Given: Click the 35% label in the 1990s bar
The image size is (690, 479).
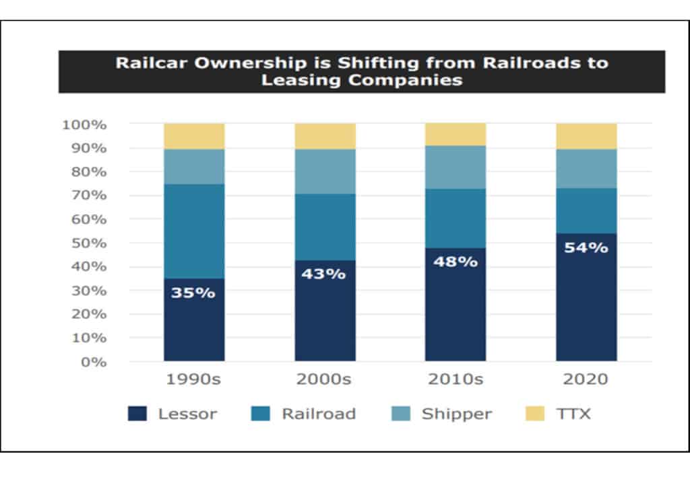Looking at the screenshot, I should [193, 293].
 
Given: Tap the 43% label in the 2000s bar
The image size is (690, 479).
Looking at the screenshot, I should [324, 274].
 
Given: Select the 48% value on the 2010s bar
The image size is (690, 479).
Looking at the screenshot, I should [456, 262].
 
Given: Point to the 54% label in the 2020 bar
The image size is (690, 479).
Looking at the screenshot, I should [586, 248].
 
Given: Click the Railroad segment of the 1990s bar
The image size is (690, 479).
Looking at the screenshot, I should [194, 231].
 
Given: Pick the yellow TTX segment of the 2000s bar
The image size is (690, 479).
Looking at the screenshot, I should [325, 136].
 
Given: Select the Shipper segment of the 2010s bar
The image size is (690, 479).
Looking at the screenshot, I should [456, 167].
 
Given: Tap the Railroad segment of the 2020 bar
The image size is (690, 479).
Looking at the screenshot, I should [586, 211].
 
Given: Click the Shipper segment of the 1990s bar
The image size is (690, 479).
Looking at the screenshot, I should [194, 166].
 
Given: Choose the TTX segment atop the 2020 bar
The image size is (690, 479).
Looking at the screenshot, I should [586, 136].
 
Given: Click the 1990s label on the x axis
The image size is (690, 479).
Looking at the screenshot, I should [193, 379].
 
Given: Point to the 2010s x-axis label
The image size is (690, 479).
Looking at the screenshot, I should [456, 379].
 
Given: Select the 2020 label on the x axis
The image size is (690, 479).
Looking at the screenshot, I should [586, 379].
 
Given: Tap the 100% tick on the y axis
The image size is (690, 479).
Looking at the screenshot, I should [84, 124].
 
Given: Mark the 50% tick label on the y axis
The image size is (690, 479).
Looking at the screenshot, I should [87, 243].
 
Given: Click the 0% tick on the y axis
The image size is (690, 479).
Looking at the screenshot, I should [94, 362].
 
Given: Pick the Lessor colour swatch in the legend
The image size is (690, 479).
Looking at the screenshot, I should [137, 413].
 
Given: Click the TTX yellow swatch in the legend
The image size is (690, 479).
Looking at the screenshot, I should [534, 413].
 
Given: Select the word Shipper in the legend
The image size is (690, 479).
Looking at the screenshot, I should [457, 414].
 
